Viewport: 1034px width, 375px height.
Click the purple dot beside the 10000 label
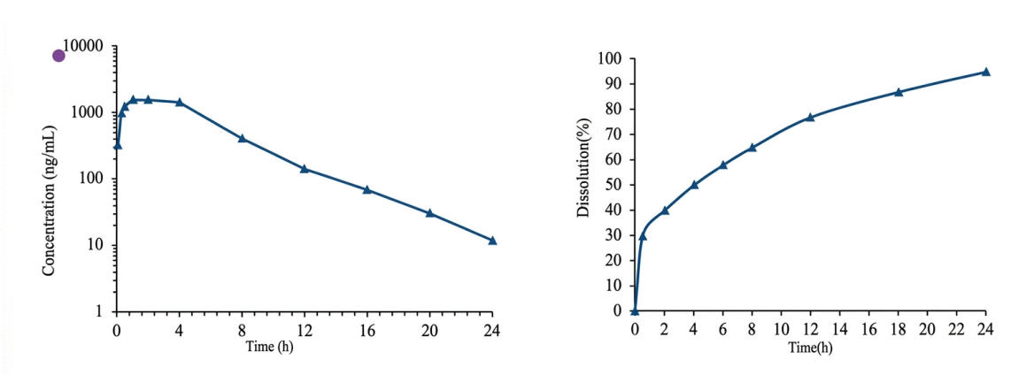coord(59,56)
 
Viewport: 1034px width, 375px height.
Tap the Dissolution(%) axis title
coord(583,184)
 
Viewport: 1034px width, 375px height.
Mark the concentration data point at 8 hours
coord(242,138)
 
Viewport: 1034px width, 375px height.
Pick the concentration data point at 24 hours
coord(492,240)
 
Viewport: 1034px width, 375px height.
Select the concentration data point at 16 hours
coord(367,189)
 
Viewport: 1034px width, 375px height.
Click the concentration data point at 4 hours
coord(179,102)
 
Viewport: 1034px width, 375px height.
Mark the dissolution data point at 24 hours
coord(985,72)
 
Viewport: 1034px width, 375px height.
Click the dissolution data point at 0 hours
coord(635,310)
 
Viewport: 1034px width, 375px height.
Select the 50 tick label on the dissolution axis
coord(615,185)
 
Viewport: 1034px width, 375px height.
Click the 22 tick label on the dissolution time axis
coord(956,329)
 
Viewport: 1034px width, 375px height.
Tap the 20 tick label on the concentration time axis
coord(429,331)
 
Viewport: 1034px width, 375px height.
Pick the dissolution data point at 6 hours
coord(722,165)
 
